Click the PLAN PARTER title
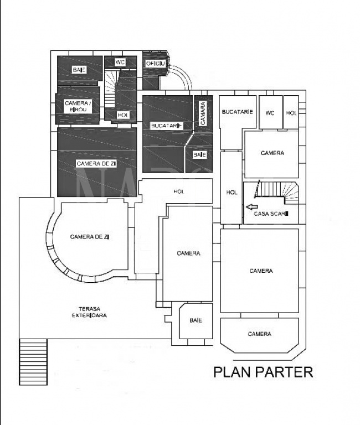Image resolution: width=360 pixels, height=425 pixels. click(x=263, y=372)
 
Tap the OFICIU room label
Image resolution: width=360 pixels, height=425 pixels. click(x=156, y=64)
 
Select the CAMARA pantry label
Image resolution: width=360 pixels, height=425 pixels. click(x=203, y=113)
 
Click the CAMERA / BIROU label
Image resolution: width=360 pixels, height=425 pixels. click(x=76, y=106)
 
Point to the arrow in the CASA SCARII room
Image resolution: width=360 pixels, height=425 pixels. click(x=252, y=207)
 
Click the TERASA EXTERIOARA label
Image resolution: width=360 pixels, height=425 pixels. click(x=89, y=312)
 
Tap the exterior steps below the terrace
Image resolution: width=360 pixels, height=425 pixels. click(x=33, y=361)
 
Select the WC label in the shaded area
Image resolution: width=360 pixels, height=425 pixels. click(x=120, y=63)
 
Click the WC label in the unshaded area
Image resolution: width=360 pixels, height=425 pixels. click(x=270, y=113)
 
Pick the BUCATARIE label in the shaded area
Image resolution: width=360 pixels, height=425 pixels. click(x=167, y=126)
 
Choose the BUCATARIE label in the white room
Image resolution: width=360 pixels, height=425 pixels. click(x=238, y=112)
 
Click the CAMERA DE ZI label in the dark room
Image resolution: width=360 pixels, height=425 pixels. click(x=96, y=163)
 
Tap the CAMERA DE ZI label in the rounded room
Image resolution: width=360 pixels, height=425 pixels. click(x=90, y=237)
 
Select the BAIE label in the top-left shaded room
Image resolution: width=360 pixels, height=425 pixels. click(x=79, y=70)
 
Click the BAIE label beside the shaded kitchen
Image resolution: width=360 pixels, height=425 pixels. click(x=200, y=155)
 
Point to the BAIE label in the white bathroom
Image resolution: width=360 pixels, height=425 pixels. click(x=196, y=320)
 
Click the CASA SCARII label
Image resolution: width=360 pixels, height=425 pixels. click(x=271, y=214)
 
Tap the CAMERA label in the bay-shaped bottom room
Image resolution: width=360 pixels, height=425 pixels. click(x=259, y=334)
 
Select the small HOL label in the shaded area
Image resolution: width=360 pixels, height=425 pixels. click(x=123, y=115)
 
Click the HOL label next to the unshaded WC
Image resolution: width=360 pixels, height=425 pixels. click(x=291, y=113)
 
